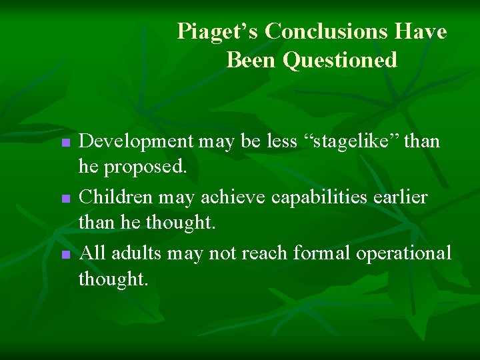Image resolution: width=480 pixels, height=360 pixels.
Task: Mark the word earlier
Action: tap(403, 197)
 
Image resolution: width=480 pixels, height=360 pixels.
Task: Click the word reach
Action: tap(265, 253)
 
